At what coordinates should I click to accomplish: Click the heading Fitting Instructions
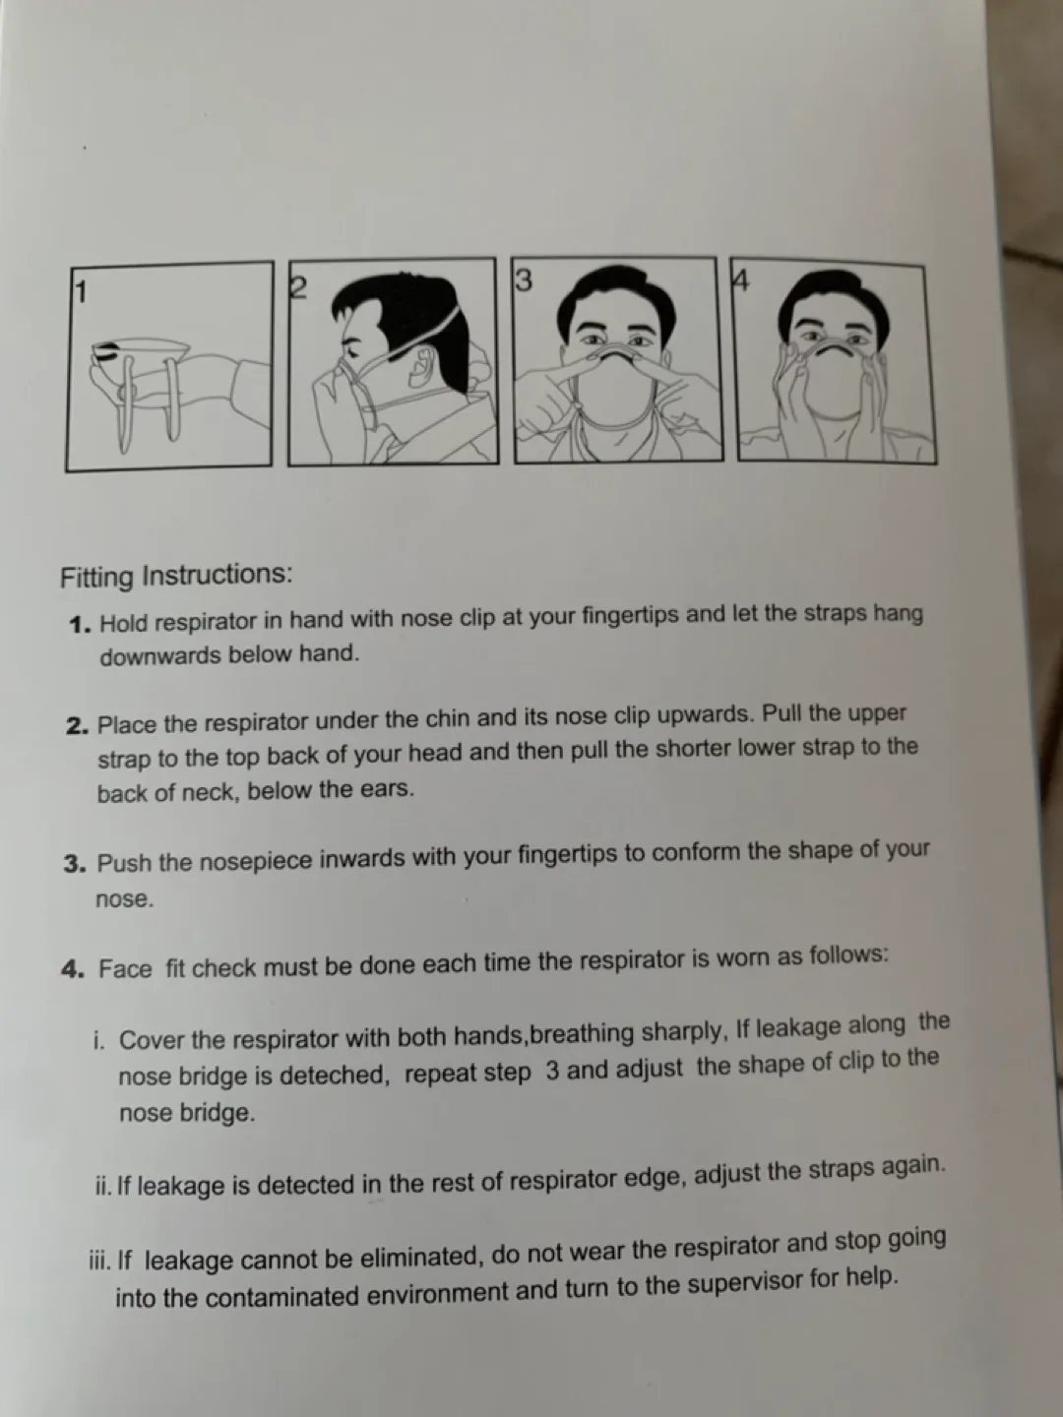(176, 575)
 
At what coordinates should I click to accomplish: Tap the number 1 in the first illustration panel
(82, 292)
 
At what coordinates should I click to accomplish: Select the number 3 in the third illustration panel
(524, 280)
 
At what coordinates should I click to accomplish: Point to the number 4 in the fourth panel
(741, 281)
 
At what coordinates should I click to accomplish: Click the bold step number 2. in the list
(79, 726)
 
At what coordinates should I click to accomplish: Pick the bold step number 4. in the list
(75, 969)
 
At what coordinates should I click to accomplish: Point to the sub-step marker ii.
(103, 1186)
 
